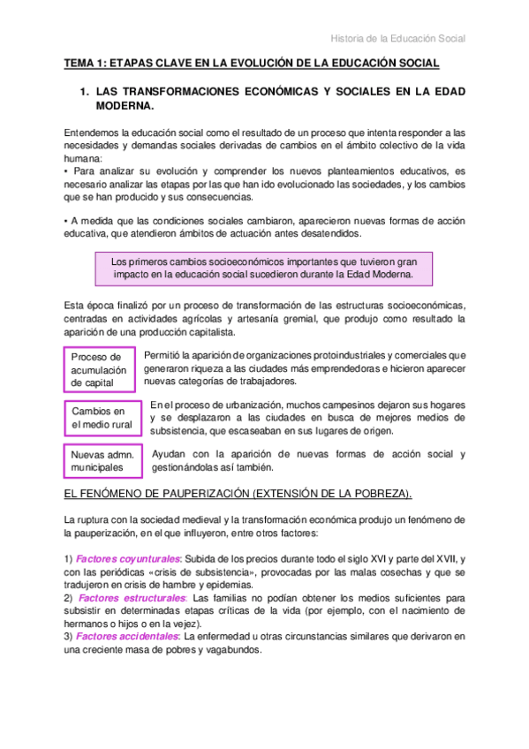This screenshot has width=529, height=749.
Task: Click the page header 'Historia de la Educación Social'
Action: (x=397, y=38)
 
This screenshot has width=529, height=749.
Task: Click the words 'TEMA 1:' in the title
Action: (x=87, y=64)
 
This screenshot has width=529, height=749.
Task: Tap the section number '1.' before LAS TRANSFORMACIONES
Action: (x=85, y=92)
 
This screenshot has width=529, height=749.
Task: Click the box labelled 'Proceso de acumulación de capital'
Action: (x=99, y=369)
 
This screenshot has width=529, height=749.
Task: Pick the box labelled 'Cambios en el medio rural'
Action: (x=99, y=417)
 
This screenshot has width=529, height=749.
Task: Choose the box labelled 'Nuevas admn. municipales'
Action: (x=99, y=460)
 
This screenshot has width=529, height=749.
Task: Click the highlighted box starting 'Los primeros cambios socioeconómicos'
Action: (x=265, y=269)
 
